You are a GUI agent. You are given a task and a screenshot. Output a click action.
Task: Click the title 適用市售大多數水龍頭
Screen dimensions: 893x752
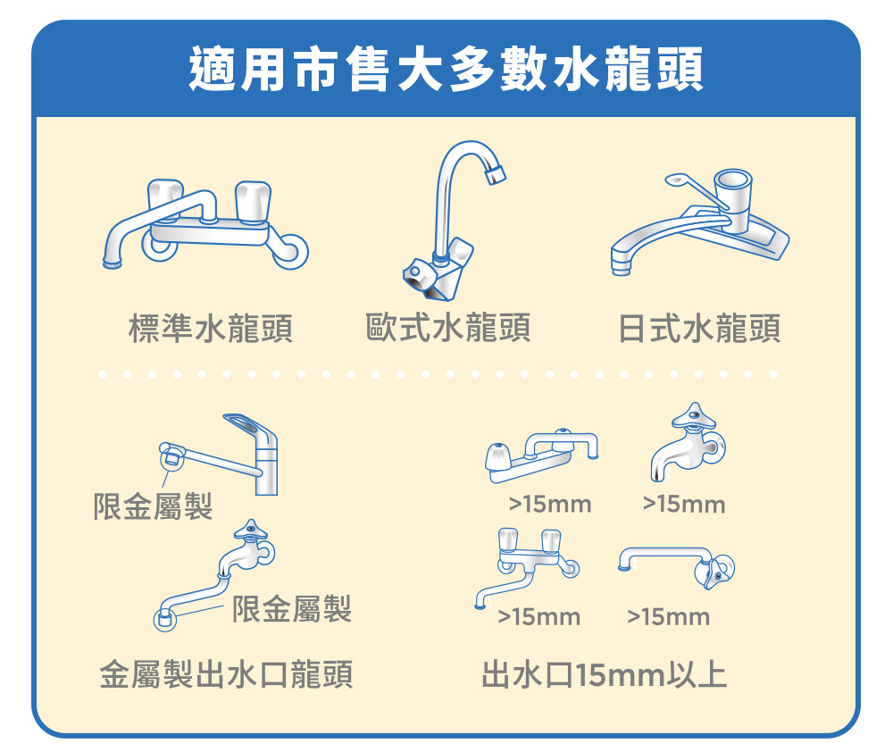point(446,70)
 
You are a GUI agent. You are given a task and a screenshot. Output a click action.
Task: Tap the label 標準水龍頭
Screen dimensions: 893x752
point(211,328)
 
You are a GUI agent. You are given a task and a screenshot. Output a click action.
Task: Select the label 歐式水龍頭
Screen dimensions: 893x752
point(447,328)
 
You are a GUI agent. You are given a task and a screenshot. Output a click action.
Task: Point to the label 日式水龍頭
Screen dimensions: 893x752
point(699,328)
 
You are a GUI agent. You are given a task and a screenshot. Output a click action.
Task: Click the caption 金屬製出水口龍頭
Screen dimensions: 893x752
point(226,674)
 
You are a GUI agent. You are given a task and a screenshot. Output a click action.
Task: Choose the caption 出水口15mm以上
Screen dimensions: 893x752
point(605,674)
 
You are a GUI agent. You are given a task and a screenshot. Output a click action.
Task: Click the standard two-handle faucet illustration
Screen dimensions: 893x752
point(205,225)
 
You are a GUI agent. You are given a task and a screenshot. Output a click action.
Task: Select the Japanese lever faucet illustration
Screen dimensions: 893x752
point(700,222)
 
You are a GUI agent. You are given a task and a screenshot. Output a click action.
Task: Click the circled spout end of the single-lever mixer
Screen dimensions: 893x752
point(171,455)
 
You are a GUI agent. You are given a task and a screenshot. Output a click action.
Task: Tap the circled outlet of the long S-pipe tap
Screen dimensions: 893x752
point(164,619)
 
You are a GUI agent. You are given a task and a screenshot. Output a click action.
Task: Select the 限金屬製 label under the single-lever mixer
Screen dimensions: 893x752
point(153,506)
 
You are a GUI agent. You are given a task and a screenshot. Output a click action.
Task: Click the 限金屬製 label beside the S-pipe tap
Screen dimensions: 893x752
point(292,608)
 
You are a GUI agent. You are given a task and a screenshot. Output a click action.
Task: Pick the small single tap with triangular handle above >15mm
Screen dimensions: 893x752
point(689,442)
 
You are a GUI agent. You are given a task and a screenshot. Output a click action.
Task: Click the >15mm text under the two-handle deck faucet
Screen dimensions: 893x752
point(550,505)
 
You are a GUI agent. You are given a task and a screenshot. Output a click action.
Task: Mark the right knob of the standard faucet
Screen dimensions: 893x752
point(253,202)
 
